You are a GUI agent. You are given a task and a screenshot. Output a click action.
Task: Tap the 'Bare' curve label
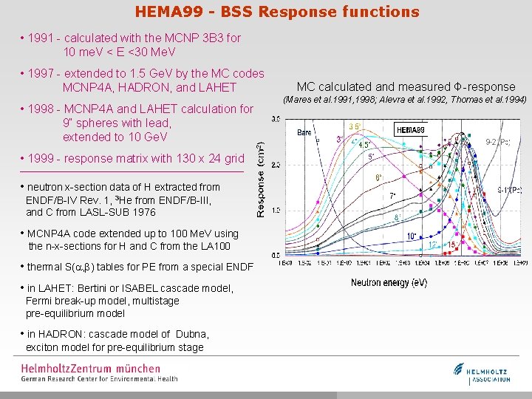pyautogui.click(x=304, y=133)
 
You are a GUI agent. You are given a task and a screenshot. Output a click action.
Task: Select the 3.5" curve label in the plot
pyautogui.click(x=355, y=126)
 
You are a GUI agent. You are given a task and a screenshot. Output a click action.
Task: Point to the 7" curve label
pyautogui.click(x=393, y=197)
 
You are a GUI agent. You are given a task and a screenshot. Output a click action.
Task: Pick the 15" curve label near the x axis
pyautogui.click(x=451, y=245)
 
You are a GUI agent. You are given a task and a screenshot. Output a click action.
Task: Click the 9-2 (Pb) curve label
pyautogui.click(x=497, y=142)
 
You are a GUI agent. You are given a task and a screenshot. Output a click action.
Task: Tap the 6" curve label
pyautogui.click(x=378, y=177)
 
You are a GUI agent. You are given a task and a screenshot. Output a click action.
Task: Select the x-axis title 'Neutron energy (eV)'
pyautogui.click(x=389, y=283)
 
